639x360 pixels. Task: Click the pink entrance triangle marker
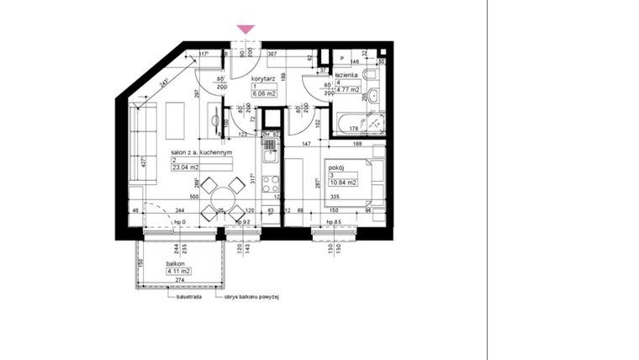tap(246, 29)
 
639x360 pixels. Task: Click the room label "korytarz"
tap(264, 77)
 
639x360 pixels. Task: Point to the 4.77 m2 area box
tap(349, 90)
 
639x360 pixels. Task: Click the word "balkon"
tap(177, 264)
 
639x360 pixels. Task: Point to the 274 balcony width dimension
tap(179, 280)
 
